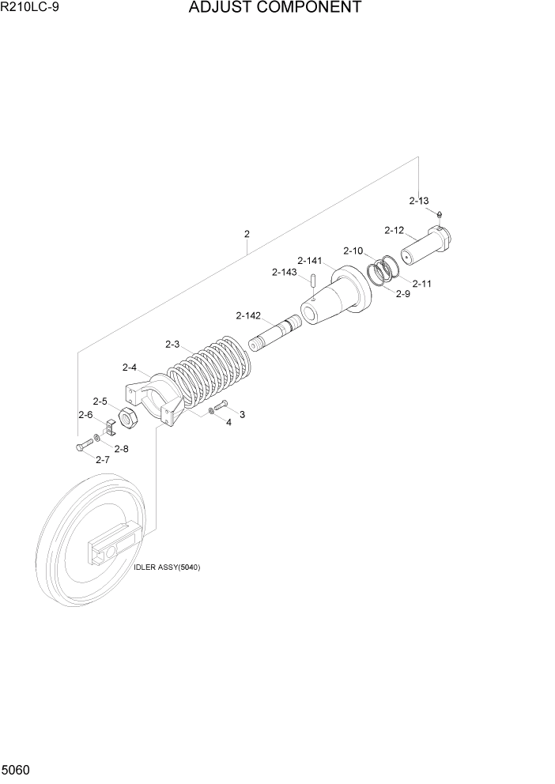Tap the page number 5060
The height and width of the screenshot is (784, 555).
click(17, 769)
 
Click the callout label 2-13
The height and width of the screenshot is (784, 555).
click(418, 201)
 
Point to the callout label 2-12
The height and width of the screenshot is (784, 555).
click(394, 231)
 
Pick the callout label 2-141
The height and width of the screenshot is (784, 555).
click(309, 260)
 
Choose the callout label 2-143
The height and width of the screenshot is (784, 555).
click(284, 273)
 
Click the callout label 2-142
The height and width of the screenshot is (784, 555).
click(248, 315)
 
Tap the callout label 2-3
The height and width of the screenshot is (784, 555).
click(172, 344)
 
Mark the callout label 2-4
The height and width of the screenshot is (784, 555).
click(130, 367)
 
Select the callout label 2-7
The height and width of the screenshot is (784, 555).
click(102, 459)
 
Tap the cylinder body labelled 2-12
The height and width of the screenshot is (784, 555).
click(425, 247)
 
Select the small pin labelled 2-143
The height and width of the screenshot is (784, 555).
click(314, 280)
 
